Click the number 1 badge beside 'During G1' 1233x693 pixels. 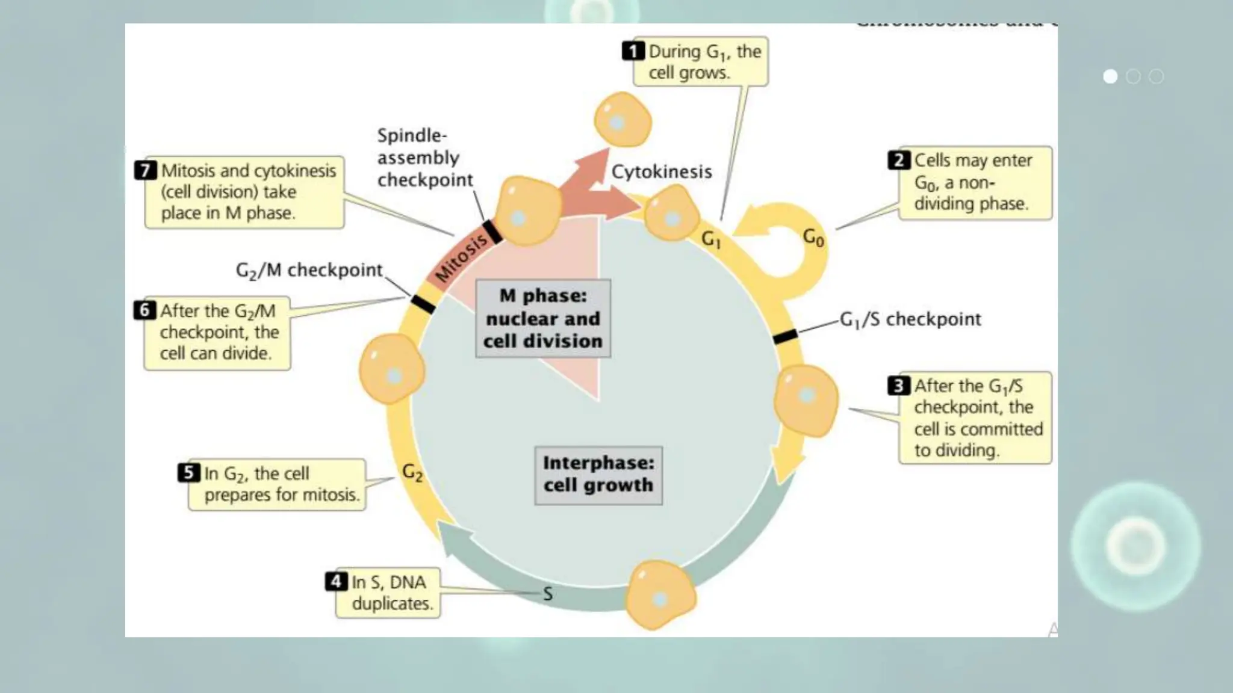coord(633,51)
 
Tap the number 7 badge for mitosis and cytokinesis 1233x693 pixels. coord(145,170)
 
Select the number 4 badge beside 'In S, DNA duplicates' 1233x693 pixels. coord(336,581)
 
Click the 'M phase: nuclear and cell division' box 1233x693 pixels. coord(543,318)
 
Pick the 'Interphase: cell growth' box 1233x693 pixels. coord(598,475)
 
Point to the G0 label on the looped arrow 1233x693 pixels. coord(813,238)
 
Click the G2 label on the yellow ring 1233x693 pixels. coord(412,473)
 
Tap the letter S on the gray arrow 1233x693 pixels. coord(548,594)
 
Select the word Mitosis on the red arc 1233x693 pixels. coord(461,258)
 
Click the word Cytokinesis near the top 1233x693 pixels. coord(662,172)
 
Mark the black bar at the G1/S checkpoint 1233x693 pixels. coord(784,336)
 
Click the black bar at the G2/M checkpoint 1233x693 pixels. coord(423,304)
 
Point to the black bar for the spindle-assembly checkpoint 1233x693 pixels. coord(492,232)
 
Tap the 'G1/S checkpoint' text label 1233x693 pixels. coord(910,319)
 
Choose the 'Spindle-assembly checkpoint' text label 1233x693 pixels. coord(424,158)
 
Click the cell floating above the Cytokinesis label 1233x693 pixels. coord(623,120)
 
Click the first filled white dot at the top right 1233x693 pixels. coord(1110,76)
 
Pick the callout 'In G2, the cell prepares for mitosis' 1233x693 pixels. coord(277,484)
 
